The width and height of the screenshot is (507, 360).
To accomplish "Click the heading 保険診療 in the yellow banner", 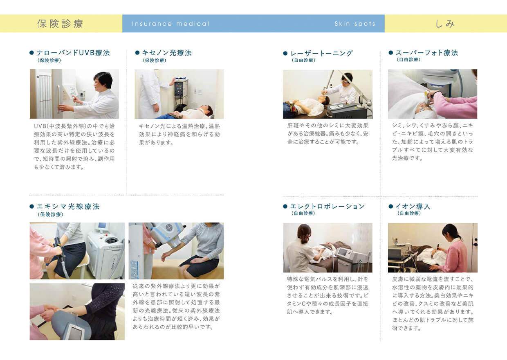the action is click(60, 24).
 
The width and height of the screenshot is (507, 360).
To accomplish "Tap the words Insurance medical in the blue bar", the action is click(170, 24).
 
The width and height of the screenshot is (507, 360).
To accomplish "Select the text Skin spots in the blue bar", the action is click(355, 24).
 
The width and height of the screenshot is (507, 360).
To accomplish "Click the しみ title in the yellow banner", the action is click(445, 24).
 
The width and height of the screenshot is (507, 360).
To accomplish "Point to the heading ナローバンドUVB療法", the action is click(73, 53).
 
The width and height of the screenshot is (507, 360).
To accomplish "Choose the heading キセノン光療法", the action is click(167, 53).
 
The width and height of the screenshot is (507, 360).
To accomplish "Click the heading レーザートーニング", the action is click(321, 53).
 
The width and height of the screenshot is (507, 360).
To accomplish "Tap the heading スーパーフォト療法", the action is click(426, 53).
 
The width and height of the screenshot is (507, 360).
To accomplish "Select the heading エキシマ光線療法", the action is click(68, 207).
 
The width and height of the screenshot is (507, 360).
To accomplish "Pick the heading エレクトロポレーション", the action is click(327, 207).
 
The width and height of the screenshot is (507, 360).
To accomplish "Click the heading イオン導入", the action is click(413, 207).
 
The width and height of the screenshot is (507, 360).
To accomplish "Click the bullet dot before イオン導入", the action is click(390, 206).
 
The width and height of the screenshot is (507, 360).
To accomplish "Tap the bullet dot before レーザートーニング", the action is click(285, 53).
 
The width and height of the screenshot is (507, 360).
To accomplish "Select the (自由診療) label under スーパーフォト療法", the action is click(408, 60).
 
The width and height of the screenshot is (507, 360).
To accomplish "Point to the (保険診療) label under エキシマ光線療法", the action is click(50, 214).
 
